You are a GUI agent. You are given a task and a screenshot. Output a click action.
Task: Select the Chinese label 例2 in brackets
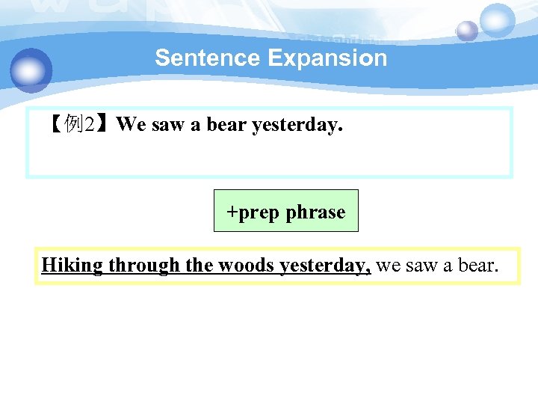[x=79, y=124]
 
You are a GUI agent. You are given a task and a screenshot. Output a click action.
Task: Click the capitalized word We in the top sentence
[x=132, y=124]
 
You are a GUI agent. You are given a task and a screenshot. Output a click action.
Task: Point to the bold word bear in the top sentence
[x=226, y=124]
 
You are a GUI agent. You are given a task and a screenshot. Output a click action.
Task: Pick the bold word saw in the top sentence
[x=168, y=124]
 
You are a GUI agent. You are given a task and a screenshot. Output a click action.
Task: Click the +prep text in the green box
[x=253, y=212]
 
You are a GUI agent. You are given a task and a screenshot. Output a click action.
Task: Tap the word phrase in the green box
[x=315, y=212]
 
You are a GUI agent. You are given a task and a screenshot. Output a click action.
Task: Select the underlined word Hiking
[x=72, y=266]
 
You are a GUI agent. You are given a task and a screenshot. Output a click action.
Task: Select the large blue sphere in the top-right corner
[x=497, y=20]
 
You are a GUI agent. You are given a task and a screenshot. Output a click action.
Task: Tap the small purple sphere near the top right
[x=467, y=31]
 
